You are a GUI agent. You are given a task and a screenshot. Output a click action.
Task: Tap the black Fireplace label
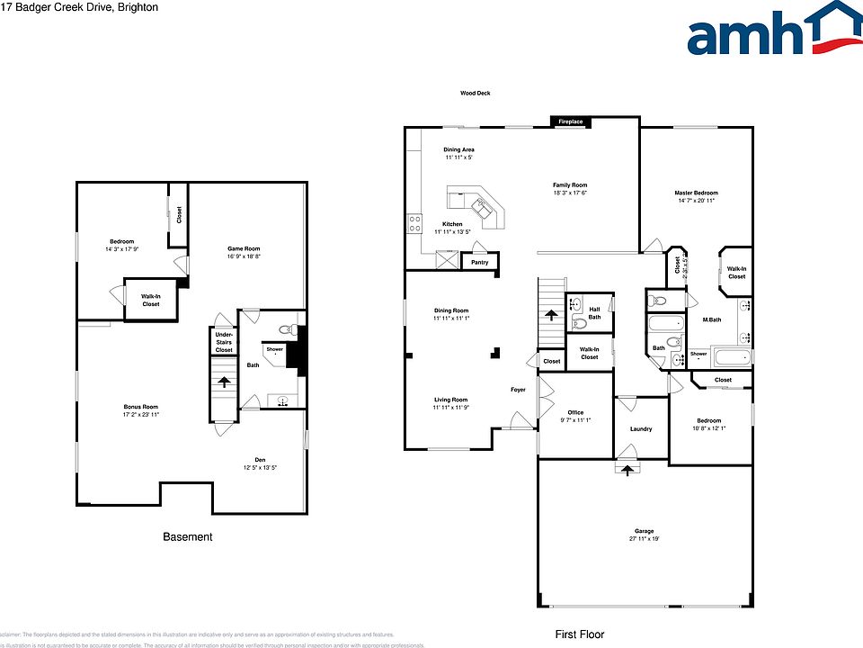pos(570,121)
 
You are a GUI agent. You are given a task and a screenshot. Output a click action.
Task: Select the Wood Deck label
pos(475,94)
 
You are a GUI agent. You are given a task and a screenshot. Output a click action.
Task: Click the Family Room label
pos(570,185)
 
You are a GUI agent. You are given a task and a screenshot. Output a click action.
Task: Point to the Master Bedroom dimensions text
pos(697,201)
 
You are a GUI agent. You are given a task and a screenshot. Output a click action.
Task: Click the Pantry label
pos(480,262)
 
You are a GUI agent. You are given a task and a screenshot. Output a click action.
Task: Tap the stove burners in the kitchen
pos(414,223)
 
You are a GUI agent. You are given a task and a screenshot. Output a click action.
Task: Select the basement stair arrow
pos(223,381)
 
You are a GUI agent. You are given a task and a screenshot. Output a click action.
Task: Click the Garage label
pos(644,531)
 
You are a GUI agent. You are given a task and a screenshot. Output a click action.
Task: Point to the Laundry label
pos(641,428)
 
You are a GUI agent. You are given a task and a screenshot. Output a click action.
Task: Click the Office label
pos(575,412)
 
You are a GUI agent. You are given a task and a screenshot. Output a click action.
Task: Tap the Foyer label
pos(518,390)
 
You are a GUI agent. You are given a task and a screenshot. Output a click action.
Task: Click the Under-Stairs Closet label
pos(224,342)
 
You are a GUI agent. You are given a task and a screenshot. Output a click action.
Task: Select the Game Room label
pos(243,248)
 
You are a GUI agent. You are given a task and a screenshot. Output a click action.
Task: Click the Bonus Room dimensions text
pos(141,415)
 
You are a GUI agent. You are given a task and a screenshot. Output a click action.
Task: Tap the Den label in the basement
pos(259,459)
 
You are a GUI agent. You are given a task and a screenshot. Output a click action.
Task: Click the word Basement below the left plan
pos(188,537)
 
